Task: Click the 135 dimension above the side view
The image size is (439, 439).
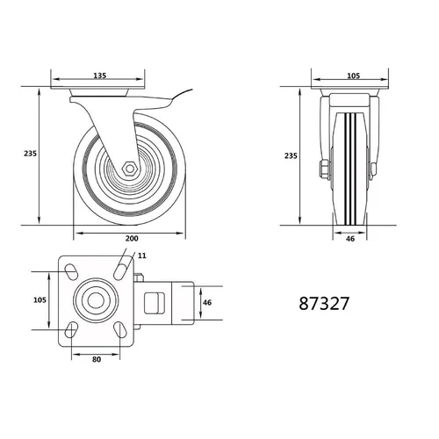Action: (99, 76)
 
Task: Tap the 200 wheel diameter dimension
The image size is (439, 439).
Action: (132, 239)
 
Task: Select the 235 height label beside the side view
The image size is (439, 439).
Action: (30, 153)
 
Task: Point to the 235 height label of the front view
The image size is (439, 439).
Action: (291, 155)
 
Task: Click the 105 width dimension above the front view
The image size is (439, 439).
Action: (353, 76)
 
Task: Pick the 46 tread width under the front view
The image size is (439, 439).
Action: (350, 239)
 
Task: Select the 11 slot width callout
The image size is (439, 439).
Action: (142, 255)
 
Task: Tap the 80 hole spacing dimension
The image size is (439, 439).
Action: (97, 359)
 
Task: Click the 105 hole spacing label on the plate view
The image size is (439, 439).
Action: (40, 300)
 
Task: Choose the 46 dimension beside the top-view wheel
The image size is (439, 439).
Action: (207, 303)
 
